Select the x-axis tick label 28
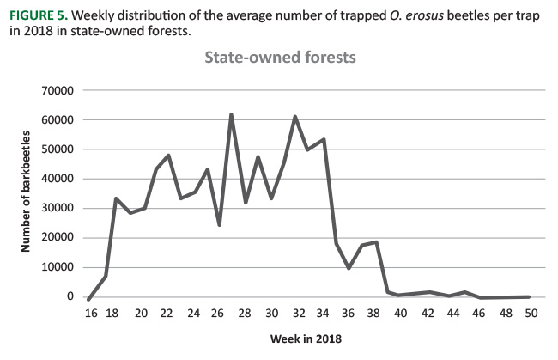[246, 313]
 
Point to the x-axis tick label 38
[374, 313]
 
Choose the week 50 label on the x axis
[531, 313]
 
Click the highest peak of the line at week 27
[232, 114]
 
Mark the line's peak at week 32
[295, 116]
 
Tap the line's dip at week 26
[219, 225]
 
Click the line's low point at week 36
[349, 268]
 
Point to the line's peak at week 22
[168, 156]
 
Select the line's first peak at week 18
[116, 198]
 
